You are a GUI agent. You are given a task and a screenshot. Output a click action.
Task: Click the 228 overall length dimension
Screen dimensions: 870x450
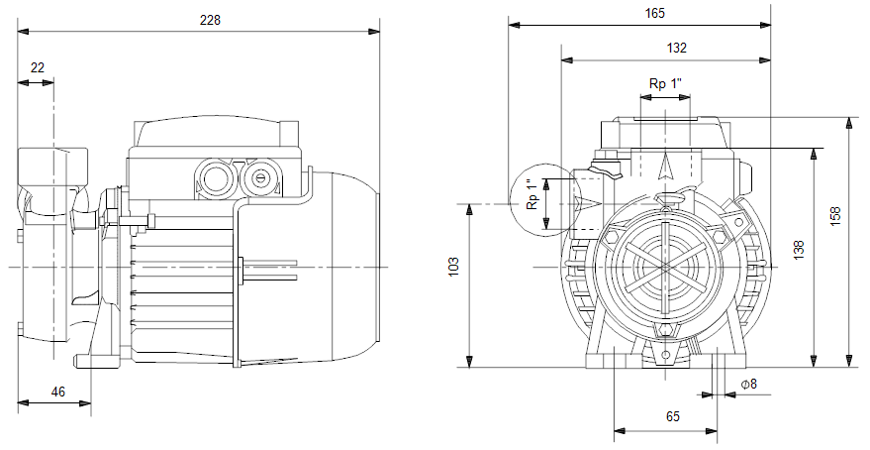210,20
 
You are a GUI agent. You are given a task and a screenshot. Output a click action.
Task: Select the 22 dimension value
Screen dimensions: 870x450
38,67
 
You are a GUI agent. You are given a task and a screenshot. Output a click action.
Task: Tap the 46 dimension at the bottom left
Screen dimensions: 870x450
57,392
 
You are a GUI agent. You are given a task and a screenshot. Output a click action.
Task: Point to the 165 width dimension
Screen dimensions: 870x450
654,13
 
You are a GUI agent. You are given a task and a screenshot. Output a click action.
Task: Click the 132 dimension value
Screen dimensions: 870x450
676,48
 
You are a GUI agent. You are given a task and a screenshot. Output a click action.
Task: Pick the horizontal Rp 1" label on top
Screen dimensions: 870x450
665,84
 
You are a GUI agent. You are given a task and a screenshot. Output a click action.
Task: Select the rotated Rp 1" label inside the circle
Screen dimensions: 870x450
532,194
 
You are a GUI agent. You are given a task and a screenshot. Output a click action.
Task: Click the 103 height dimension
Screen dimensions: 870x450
454,267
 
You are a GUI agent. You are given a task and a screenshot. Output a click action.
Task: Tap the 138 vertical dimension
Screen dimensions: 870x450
799,250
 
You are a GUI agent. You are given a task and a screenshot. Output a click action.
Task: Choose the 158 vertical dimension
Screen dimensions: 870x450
835,215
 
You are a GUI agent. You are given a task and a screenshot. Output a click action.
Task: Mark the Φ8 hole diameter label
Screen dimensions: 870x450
749,384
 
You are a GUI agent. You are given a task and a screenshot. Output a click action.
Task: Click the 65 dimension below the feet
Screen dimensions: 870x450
672,416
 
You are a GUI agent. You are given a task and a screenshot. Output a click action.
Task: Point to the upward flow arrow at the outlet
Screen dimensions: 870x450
665,166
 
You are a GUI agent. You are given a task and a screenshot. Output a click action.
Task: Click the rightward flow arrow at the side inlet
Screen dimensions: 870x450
589,203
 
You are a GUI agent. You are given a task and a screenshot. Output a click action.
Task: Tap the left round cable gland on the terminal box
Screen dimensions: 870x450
213,178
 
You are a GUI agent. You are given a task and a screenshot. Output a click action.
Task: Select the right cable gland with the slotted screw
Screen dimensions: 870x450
258,178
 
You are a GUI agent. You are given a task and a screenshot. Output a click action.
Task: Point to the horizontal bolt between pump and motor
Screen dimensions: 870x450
135,221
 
